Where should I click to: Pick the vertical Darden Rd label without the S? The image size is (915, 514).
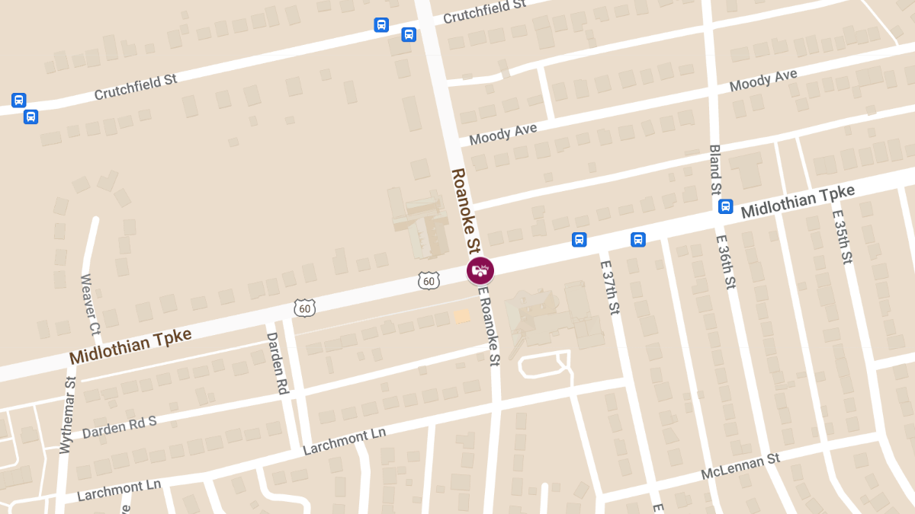[x=276, y=362]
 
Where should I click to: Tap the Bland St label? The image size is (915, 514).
[x=714, y=168]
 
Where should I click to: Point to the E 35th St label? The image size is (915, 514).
[x=842, y=237]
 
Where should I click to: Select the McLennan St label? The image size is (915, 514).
[x=741, y=468]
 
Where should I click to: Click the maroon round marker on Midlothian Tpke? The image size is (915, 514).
[x=480, y=270]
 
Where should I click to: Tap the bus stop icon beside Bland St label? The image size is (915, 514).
[x=725, y=206]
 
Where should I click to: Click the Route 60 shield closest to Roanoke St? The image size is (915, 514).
[x=429, y=281]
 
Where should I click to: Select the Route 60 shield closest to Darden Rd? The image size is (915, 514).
[x=305, y=308]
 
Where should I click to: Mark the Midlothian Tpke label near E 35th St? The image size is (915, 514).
[x=798, y=201]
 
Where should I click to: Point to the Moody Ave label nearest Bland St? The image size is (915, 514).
[x=763, y=80]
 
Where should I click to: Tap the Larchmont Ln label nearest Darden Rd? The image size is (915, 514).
[x=345, y=441]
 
